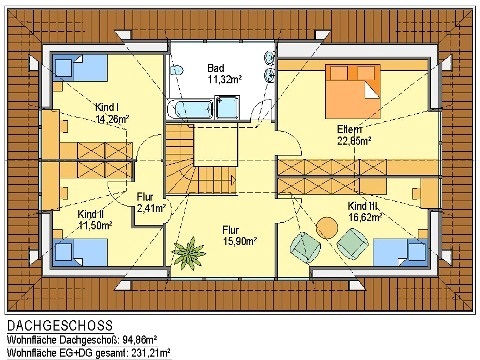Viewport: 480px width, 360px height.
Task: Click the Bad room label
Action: pyautogui.click(x=216, y=68)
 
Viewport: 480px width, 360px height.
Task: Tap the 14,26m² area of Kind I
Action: pyautogui.click(x=112, y=119)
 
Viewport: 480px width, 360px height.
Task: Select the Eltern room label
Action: pyautogui.click(x=349, y=129)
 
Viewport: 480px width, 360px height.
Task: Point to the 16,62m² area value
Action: pyautogui.click(x=365, y=217)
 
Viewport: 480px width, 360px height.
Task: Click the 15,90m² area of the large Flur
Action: pyautogui.click(x=240, y=241)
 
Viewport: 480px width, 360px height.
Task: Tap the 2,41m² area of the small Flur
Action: pyautogui.click(x=152, y=209)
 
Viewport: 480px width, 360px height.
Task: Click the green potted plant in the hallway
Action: pyautogui.click(x=189, y=254)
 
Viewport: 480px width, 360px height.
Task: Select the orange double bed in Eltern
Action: pyautogui.click(x=353, y=91)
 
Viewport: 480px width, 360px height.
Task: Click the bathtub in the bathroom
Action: pyautogui.click(x=190, y=109)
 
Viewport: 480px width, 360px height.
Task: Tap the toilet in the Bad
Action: pyautogui.click(x=177, y=70)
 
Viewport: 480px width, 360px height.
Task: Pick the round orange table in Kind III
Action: pyautogui.click(x=327, y=228)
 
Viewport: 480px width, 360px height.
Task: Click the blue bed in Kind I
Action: pyautogui.click(x=80, y=68)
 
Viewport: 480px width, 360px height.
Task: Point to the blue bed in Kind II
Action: pyautogui.click(x=80, y=252)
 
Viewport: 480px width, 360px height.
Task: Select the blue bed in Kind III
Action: pyautogui.click(x=400, y=252)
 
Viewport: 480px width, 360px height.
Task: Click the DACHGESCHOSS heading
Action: pyautogui.click(x=60, y=325)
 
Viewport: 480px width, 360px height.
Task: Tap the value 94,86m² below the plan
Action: pyautogui.click(x=140, y=340)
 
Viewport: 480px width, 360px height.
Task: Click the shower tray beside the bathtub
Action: pyautogui.click(x=228, y=107)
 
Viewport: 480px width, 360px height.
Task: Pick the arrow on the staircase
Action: pyautogui.click(x=233, y=181)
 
